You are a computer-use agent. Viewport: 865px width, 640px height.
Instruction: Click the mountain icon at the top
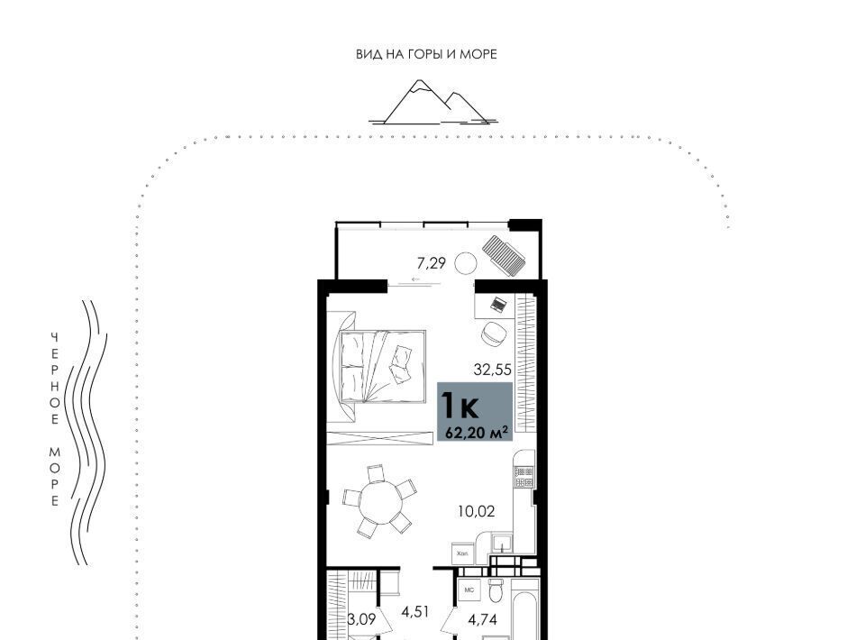coord(432,103)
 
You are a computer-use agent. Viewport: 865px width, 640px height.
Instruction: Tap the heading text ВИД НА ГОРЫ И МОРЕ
coord(426,54)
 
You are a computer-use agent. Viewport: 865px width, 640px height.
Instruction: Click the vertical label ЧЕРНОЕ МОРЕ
coord(55,419)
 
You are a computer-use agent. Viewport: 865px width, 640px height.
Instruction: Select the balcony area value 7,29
coord(431,263)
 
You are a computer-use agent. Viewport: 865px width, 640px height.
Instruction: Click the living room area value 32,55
coord(493,369)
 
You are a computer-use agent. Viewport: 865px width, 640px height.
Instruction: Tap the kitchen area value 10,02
coord(476,511)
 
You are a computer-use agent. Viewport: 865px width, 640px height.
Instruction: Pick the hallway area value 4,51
coord(415,611)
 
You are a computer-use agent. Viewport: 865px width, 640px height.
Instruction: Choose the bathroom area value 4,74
coord(483,619)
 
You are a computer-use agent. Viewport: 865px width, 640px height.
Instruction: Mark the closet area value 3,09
coord(362,619)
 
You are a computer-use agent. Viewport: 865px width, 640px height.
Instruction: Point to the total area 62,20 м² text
coord(477,433)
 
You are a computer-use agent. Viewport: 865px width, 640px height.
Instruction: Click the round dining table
coord(380,500)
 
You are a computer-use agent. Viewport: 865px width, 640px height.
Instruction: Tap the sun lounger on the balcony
coord(504,255)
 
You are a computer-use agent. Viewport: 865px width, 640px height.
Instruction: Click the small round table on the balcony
coord(466,263)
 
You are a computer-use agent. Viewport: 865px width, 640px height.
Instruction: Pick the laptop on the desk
coord(498,304)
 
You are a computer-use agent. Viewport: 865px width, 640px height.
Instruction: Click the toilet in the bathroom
coord(496,591)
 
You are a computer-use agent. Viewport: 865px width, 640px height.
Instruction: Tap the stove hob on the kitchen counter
coord(524,478)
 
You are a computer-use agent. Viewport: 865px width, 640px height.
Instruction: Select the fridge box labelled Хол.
coord(462,553)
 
